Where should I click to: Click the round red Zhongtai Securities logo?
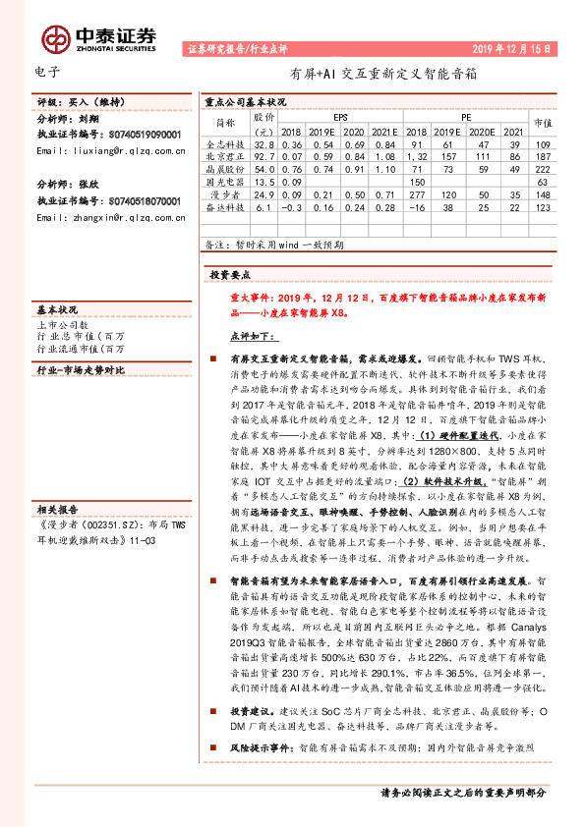tap(54, 37)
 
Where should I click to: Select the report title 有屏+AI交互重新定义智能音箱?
tap(383, 73)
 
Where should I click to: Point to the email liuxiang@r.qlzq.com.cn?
tap(110, 151)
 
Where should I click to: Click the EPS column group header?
tap(340, 116)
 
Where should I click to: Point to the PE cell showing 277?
tap(416, 194)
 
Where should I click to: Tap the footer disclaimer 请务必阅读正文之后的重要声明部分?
tap(462, 792)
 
